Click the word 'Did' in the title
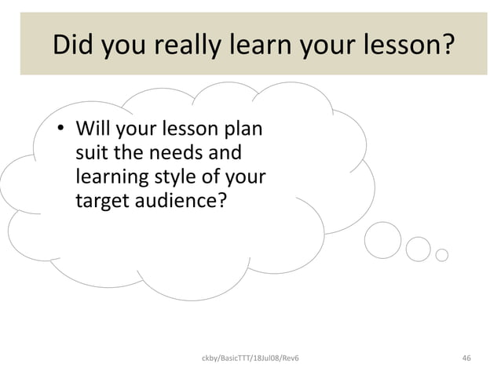(73, 45)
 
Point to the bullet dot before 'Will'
(58, 130)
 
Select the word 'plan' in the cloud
(243, 129)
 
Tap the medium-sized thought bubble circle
(419, 249)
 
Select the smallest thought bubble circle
(441, 255)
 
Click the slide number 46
(466, 359)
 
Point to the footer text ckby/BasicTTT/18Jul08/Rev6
(250, 359)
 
